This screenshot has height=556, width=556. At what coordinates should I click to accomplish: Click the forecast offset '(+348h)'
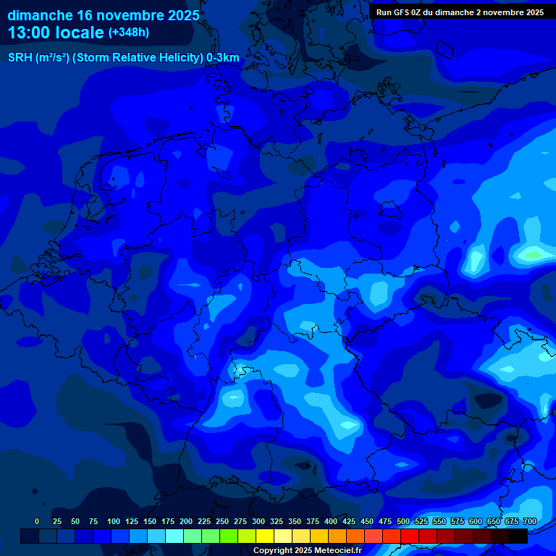click(129, 33)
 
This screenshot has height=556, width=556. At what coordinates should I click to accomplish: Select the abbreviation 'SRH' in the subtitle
click(20, 58)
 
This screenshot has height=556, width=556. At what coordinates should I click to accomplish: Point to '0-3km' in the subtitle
click(223, 58)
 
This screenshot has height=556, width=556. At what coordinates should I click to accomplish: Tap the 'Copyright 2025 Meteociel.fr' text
click(307, 550)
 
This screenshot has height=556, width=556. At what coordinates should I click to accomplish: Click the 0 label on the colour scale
click(37, 521)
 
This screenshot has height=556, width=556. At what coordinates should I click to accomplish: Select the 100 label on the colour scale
click(113, 521)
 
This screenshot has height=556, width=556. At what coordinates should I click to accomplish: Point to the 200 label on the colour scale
click(185, 521)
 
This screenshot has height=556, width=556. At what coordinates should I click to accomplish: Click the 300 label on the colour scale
click(258, 521)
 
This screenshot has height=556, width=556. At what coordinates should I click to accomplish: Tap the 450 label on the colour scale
click(366, 521)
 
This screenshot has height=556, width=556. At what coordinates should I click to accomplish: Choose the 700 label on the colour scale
click(529, 521)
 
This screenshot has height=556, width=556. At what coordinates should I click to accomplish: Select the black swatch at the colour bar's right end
click(518, 536)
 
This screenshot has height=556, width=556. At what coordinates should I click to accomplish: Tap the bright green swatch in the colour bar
click(229, 536)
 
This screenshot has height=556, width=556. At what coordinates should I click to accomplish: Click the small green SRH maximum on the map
click(534, 254)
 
